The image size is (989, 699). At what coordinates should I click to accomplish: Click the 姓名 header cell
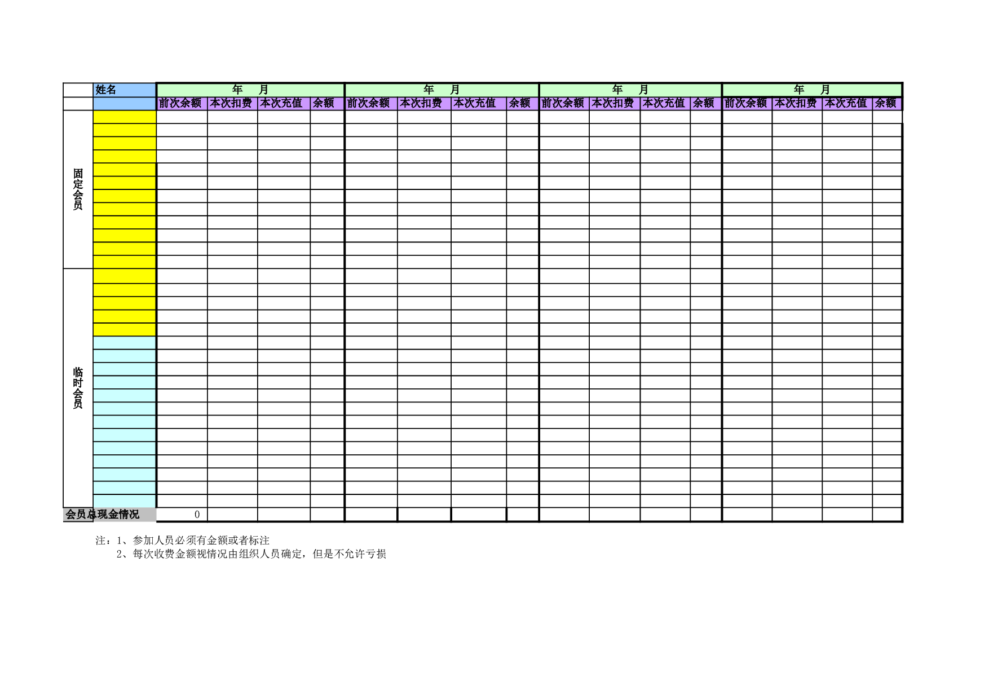coord(106,90)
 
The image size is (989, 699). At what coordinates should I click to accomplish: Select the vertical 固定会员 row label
coord(78,189)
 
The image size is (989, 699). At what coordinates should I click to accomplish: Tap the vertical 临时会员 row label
coord(78,388)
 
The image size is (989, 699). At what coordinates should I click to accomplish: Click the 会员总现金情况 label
coord(103,514)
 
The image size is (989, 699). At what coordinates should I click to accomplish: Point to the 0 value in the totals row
coord(197,514)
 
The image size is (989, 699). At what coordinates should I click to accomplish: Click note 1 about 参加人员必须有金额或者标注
coord(193,540)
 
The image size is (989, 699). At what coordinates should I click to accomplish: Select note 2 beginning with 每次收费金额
coord(251,554)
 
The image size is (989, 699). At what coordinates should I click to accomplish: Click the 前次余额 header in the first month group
coord(180,103)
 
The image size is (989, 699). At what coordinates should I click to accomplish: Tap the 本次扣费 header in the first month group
coord(231,103)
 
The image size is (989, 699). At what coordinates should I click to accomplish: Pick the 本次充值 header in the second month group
coord(475,103)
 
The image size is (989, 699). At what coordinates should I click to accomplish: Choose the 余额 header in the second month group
coord(520,103)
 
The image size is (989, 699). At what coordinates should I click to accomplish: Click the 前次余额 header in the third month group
coord(563,103)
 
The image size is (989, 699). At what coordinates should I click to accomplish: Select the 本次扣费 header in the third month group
coord(613,103)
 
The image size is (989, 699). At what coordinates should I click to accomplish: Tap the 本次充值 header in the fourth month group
coord(846,103)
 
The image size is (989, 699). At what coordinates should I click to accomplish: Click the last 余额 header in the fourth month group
coord(885,103)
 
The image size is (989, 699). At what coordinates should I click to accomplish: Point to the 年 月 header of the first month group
coord(250,90)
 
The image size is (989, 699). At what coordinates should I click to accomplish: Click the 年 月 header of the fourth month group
coord(812,90)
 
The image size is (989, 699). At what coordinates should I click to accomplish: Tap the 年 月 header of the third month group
coord(630,90)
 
